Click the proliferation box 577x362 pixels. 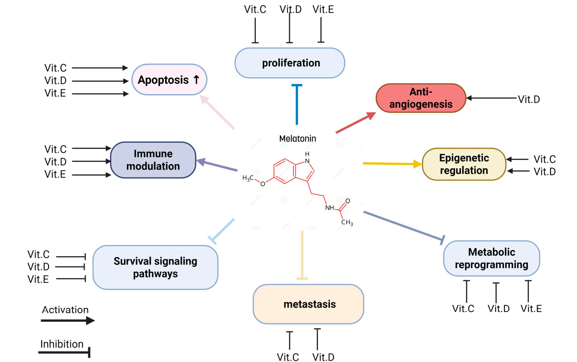(290, 63)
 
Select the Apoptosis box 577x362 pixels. (169, 80)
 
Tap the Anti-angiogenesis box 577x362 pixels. (421, 98)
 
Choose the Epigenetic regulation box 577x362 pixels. (464, 164)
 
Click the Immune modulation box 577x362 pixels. (153, 160)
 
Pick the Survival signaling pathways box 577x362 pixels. (155, 267)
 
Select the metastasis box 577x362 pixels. (309, 304)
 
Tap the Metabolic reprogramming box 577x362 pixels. (491, 258)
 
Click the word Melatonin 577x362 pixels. (298, 138)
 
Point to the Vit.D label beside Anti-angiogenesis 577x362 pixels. (529, 99)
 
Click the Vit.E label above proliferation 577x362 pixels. (323, 9)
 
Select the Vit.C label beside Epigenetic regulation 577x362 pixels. (545, 160)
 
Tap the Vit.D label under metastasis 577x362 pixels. (323, 356)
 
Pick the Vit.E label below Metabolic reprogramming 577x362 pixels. (531, 308)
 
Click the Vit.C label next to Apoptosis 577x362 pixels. (56, 68)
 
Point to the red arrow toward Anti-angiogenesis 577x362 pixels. (355, 123)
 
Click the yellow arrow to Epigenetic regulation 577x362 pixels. (392, 164)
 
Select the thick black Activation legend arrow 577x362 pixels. (68, 320)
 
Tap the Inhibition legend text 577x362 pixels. (62, 344)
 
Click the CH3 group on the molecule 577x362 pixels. (347, 223)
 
